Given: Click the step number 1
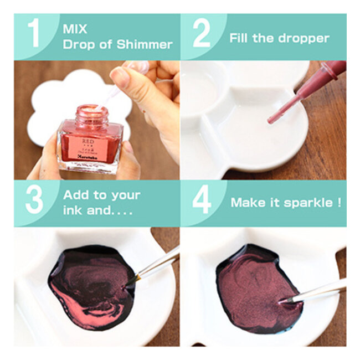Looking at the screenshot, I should click(34, 34).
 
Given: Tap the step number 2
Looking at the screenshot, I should click(201, 34).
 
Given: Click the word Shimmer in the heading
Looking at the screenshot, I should click(146, 44).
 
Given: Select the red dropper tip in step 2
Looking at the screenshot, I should click(272, 119).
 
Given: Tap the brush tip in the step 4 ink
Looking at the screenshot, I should click(284, 301).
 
